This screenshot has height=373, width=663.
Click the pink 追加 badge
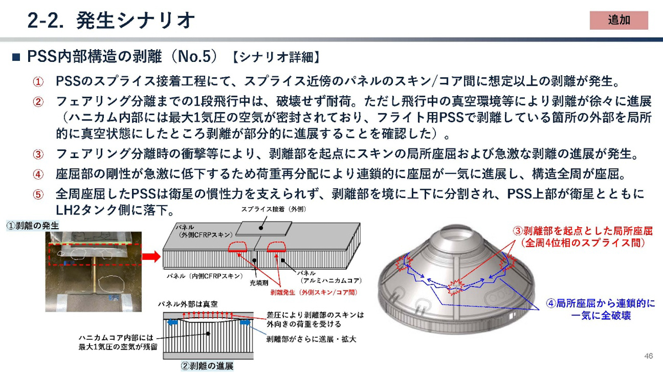click(618, 20)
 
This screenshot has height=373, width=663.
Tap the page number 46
click(649, 355)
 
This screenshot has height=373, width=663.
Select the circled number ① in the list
click(38, 82)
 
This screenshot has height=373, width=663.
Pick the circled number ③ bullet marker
click(38, 154)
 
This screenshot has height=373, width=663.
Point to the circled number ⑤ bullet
click(38, 195)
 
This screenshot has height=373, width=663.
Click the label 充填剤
click(256, 282)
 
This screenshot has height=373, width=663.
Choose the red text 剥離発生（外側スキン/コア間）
click(306, 291)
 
